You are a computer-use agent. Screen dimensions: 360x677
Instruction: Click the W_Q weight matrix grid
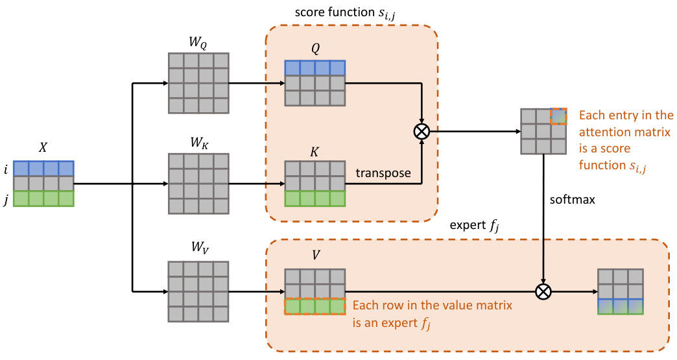[x=198, y=83]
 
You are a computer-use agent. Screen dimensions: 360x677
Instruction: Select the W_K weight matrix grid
[x=198, y=184]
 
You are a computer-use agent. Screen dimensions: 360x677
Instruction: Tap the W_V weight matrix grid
[x=198, y=291]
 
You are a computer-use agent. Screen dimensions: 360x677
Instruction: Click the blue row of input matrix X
[x=43, y=169]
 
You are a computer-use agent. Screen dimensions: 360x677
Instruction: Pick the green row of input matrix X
[x=43, y=198]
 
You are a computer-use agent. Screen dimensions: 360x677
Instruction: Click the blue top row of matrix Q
[x=315, y=68]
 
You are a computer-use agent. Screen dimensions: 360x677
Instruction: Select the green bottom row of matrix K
[x=315, y=198]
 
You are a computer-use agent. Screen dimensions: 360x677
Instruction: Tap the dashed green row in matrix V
[x=315, y=306]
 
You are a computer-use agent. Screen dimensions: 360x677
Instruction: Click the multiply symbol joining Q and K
[x=422, y=132]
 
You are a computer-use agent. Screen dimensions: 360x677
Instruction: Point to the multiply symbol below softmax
[x=543, y=291]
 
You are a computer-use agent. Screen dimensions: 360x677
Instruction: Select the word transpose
[x=383, y=174]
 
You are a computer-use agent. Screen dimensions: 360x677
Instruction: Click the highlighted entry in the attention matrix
[x=558, y=116]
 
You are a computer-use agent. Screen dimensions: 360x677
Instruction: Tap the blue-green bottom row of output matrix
[x=621, y=306]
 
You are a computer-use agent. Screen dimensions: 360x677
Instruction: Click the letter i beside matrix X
[x=6, y=169]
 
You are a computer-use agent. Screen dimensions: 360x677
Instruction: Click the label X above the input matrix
[x=43, y=148]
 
